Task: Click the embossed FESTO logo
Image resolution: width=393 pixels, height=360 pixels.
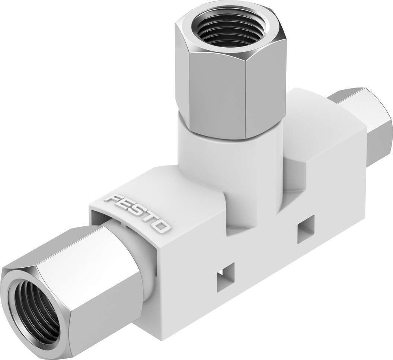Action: click(x=138, y=214)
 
